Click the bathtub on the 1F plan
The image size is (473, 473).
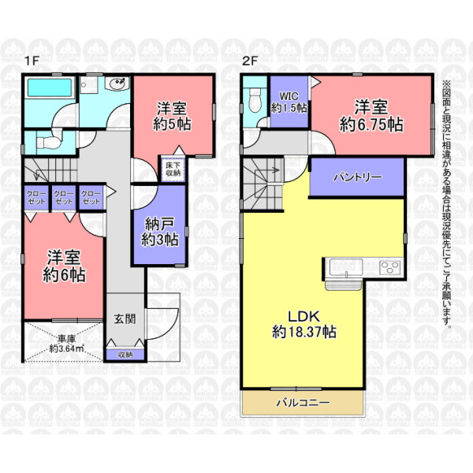coord(50,88)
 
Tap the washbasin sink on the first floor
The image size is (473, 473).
coord(117,83)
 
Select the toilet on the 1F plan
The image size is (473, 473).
coord(48,142)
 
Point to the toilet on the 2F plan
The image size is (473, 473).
coord(255,100)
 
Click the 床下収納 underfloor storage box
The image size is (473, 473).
coord(173,169)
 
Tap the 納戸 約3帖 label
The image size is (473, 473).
coord(159,232)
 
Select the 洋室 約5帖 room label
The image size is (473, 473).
coord(172,117)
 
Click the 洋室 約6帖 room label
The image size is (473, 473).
coord(64,266)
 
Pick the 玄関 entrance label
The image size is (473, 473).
coord(125,318)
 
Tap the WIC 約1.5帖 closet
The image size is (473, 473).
coord(289,102)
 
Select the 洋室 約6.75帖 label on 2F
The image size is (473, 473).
coord(371,116)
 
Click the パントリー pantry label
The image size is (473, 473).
coord(357,177)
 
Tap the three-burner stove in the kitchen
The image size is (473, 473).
coord(391,267)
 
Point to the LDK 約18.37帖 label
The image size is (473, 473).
coord(304,324)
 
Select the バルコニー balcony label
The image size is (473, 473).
coord(304,402)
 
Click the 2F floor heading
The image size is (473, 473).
coord(250,61)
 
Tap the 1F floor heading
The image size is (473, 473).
coord(32,61)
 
